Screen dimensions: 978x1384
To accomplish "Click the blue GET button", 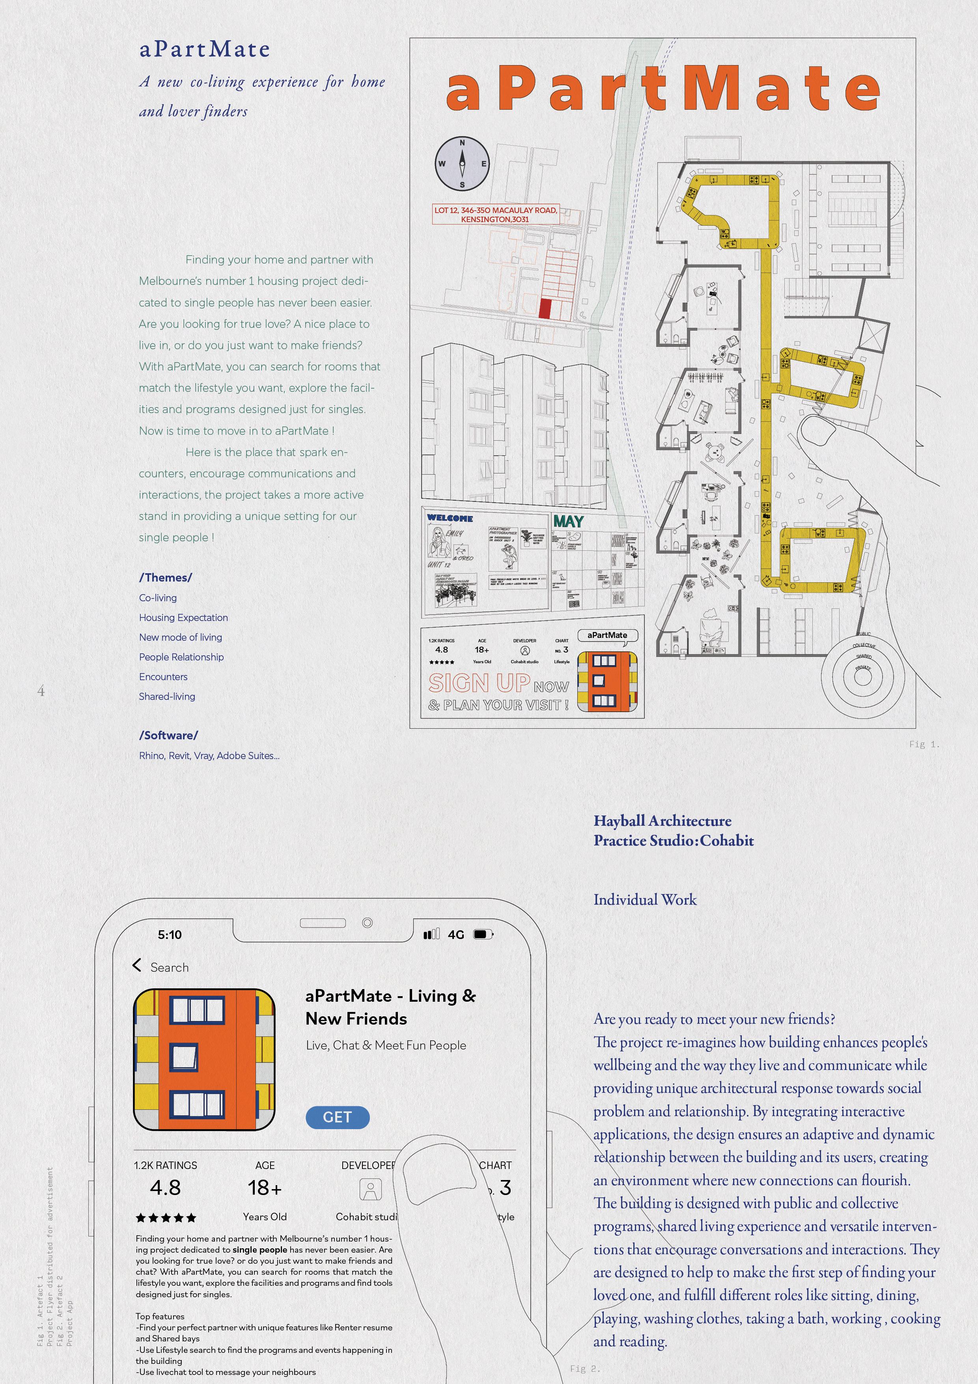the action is pos(338,1117).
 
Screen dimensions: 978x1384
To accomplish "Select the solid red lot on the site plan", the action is pos(545,309).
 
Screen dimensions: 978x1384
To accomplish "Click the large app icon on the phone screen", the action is pos(204,1059).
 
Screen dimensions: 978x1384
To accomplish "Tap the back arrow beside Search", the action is pos(137,965).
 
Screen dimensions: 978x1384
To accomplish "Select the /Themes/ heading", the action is pos(166,578).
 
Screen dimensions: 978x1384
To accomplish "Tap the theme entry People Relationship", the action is pos(181,657).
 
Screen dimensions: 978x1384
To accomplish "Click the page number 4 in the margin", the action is pos(41,691).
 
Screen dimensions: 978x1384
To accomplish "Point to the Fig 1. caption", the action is pos(924,744).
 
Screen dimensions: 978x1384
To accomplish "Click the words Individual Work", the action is pos(645,900).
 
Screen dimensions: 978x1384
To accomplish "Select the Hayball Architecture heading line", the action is pos(662,821).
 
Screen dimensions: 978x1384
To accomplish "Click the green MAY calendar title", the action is pos(568,522).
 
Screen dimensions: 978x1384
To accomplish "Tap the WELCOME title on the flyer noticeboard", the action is pos(450,518).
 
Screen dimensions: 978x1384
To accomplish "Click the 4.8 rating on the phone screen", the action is pos(165,1188).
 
